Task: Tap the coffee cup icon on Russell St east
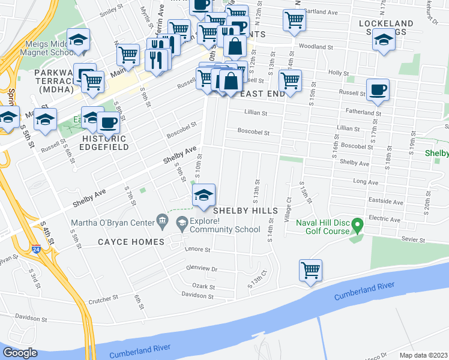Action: tap(378, 89)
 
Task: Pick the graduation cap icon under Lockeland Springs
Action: tap(384, 41)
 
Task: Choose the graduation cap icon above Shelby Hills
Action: tap(203, 194)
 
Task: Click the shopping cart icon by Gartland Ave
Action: tap(294, 19)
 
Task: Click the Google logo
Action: tap(20, 353)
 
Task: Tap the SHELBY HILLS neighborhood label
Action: tap(246, 211)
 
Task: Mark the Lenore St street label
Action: tap(199, 250)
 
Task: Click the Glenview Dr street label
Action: tap(202, 269)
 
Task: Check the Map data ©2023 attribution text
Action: tap(424, 355)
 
